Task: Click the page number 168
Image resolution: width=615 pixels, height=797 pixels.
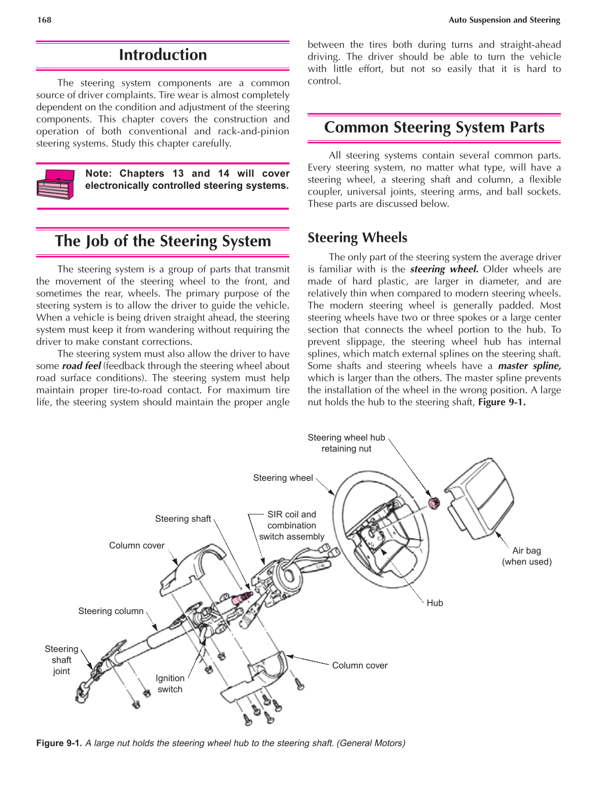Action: tap(44, 20)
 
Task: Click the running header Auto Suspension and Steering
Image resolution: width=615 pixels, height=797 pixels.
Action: tap(504, 20)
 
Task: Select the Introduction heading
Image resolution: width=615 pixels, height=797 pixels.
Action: tap(162, 55)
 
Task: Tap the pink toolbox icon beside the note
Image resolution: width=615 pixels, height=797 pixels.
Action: tap(55, 184)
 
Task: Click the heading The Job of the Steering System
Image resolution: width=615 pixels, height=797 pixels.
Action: tap(162, 241)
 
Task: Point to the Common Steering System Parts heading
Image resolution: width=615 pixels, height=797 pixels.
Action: tap(434, 127)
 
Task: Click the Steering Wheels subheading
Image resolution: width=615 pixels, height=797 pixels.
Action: tap(357, 238)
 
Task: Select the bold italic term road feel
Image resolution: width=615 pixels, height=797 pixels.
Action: tap(81, 366)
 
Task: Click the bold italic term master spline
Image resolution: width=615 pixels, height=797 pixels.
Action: tap(529, 366)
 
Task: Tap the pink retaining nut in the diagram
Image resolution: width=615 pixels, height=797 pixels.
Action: tap(434, 502)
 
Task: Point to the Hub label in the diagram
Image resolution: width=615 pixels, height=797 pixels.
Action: tap(434, 603)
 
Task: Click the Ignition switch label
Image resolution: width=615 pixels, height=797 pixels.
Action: tap(170, 683)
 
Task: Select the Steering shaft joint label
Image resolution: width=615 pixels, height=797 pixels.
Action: tap(61, 660)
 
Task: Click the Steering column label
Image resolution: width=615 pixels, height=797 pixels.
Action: tap(111, 611)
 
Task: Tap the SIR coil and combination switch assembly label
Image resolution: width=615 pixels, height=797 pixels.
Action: tap(291, 526)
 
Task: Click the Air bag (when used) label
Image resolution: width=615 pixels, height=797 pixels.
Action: tap(527, 556)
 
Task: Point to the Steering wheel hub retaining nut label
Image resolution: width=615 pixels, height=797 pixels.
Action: tap(346, 443)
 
